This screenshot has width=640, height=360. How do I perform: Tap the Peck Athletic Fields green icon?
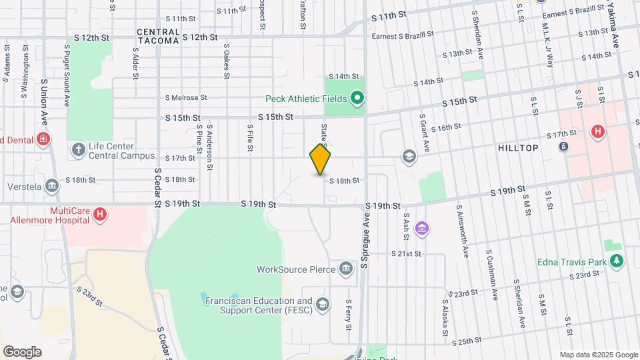tap(357, 99)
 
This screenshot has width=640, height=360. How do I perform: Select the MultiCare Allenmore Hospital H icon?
tap(99, 214)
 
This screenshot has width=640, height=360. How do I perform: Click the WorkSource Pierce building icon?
tap(345, 269)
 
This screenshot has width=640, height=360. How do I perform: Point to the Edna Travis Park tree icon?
tap(617, 261)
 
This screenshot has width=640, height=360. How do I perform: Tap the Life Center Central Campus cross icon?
tap(78, 147)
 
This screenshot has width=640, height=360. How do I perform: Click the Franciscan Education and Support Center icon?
tap(323, 305)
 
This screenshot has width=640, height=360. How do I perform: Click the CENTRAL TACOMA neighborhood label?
tap(158, 37)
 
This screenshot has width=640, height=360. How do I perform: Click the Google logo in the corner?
tap(22, 351)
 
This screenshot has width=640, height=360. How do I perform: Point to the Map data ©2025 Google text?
tap(598, 355)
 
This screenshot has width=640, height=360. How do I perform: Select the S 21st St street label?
tap(406, 254)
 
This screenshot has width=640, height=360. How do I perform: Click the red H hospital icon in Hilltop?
tap(597, 132)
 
